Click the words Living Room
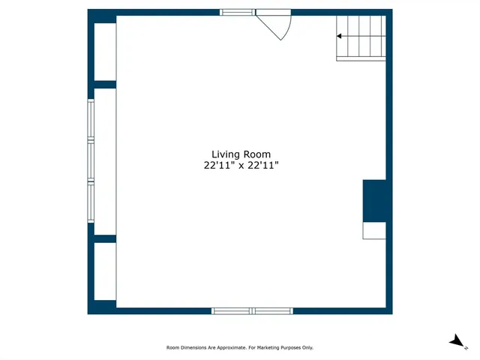click(x=241, y=154)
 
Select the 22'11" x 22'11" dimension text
click(x=241, y=166)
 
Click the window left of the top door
click(x=236, y=12)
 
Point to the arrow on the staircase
click(x=340, y=36)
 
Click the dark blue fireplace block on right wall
click(x=374, y=200)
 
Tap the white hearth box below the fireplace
click(x=374, y=230)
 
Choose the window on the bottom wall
click(x=252, y=310)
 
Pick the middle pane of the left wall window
click(x=91, y=160)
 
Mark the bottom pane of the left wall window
click(x=91, y=202)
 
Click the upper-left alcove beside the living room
click(x=104, y=51)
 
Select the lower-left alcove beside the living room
click(x=104, y=271)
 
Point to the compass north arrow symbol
click(x=455, y=341)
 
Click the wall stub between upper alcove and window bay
click(x=104, y=85)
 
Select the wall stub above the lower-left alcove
click(x=104, y=238)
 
